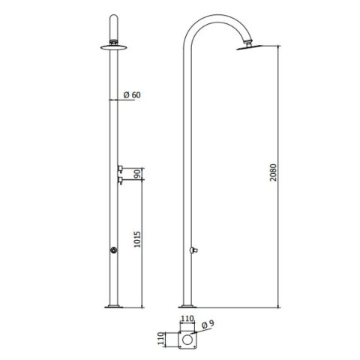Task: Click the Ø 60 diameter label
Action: [x=132, y=95]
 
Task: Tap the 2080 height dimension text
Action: [x=273, y=172]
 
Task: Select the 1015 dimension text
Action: [x=137, y=239]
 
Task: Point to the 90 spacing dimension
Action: [x=137, y=174]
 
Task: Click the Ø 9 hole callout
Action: [x=208, y=324]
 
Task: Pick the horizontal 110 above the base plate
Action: [x=187, y=319]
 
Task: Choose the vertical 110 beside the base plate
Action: [x=161, y=338]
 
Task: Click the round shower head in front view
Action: [x=114, y=47]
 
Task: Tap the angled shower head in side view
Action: [x=249, y=47]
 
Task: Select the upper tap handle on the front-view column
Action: [x=120, y=169]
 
